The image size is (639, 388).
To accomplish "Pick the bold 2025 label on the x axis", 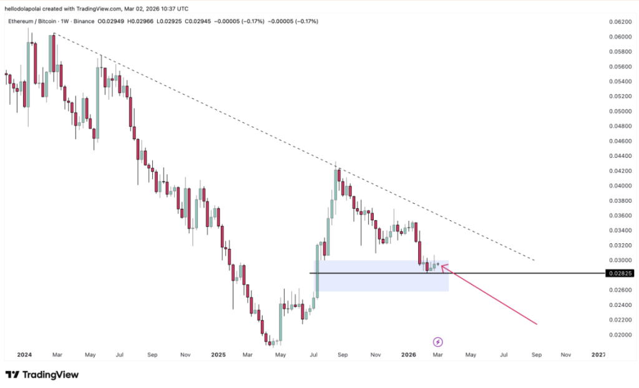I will point(218,354).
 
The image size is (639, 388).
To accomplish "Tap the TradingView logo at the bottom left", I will point(42,375).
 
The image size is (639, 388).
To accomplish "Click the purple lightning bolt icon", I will point(438,342).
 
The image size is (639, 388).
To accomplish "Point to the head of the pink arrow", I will point(442,267).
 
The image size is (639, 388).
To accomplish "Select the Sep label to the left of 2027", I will point(535,354).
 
